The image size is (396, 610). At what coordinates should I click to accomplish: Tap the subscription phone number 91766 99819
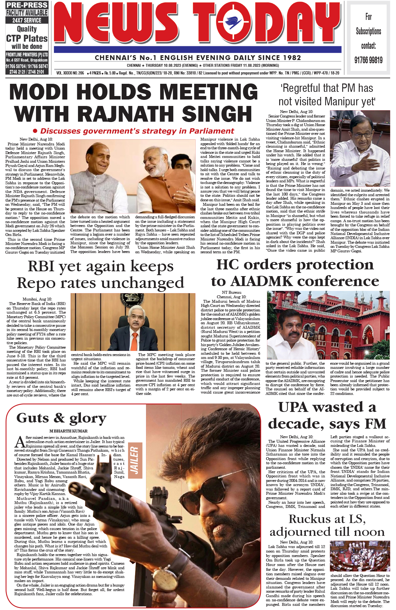point(368,60)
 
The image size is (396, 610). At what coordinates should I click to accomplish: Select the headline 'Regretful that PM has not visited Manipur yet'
point(327,95)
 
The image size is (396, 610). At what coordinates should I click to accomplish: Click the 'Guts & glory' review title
point(61,418)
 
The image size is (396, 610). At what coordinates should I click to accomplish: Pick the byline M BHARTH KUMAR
point(68,431)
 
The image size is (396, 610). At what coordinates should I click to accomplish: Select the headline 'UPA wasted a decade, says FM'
point(327,415)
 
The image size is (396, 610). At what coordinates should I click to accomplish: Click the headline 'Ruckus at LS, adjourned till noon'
point(327,526)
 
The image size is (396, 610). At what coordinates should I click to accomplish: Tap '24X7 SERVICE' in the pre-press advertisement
point(27,20)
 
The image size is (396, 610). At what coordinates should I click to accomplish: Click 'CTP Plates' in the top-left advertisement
point(27,39)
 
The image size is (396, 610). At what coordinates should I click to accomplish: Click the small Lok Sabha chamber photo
point(360,556)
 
